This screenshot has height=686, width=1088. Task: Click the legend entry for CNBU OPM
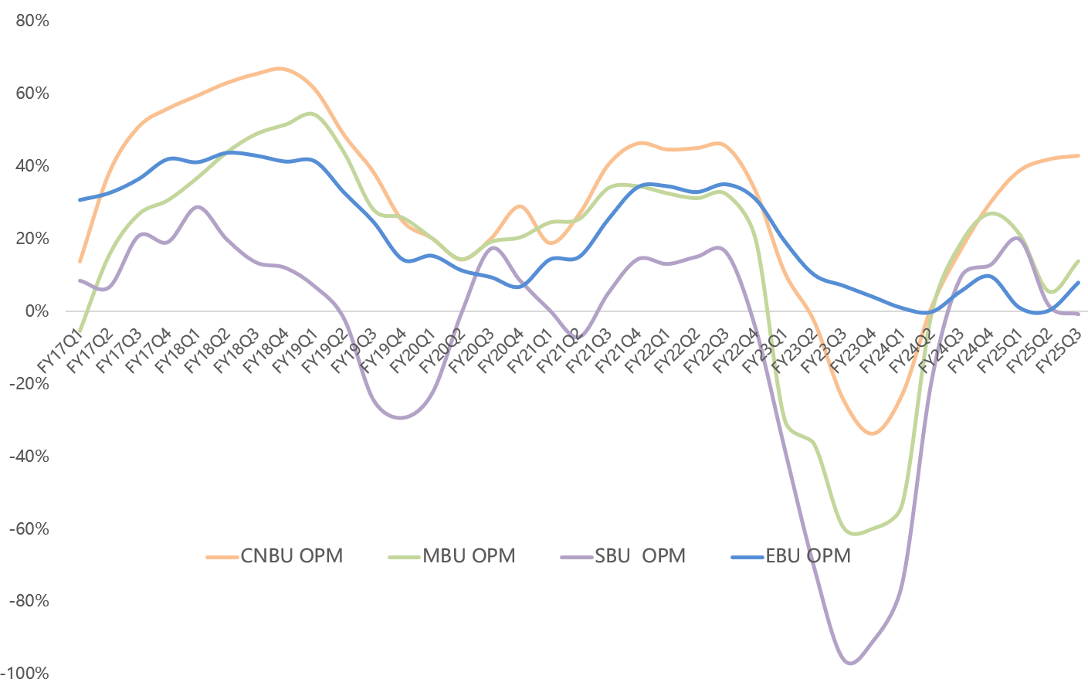click(291, 555)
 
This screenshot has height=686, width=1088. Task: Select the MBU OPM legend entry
click(468, 555)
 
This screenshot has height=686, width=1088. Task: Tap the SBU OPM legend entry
click(639, 555)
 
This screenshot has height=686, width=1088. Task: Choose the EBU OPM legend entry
click(808, 555)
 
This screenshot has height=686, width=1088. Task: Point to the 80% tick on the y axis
click(32, 21)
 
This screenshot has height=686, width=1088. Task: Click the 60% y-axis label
click(32, 93)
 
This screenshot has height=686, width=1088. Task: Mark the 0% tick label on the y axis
click(37, 311)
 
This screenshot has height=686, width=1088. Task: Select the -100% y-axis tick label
click(28, 674)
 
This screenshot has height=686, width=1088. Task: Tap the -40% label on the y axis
click(30, 457)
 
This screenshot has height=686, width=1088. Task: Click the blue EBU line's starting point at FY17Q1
click(80, 199)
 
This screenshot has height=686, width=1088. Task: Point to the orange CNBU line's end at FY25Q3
click(1078, 155)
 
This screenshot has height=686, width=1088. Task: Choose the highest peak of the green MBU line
click(310, 114)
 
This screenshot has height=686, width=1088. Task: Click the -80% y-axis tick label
click(30, 601)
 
